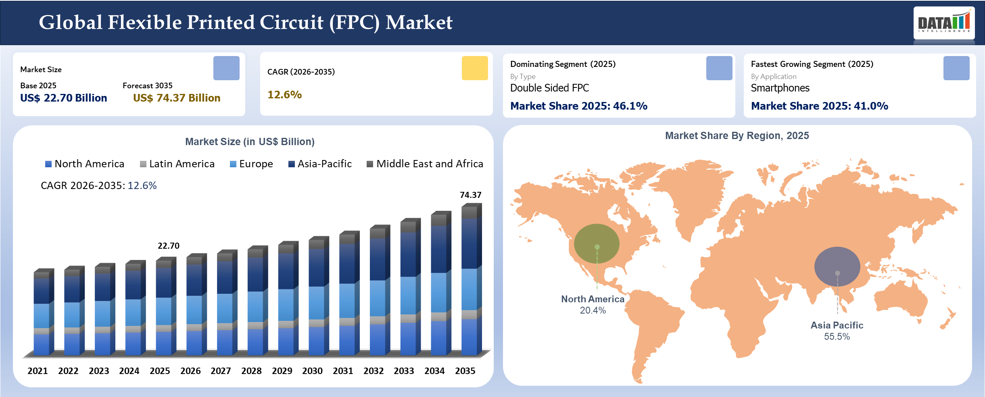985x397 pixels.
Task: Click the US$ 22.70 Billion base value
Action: [64, 98]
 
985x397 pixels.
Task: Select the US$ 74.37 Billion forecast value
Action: [177, 98]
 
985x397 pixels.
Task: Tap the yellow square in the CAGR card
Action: [475, 68]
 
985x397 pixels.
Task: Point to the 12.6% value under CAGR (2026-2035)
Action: [284, 95]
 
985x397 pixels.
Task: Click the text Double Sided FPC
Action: [549, 88]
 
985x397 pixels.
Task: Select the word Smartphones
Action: [780, 88]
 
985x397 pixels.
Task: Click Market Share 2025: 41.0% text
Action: [819, 106]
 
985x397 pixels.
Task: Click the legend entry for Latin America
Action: [177, 164]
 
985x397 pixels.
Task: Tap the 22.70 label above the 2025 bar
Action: [169, 246]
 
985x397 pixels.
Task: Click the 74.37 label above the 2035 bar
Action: [471, 195]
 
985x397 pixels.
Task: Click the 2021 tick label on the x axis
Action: [38, 371]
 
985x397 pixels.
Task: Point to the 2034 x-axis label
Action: [434, 371]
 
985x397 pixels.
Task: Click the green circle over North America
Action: [597, 243]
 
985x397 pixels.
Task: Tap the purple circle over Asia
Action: [837, 266]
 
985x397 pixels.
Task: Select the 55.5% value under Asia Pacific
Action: [837, 337]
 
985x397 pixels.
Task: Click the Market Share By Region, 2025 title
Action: [737, 136]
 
